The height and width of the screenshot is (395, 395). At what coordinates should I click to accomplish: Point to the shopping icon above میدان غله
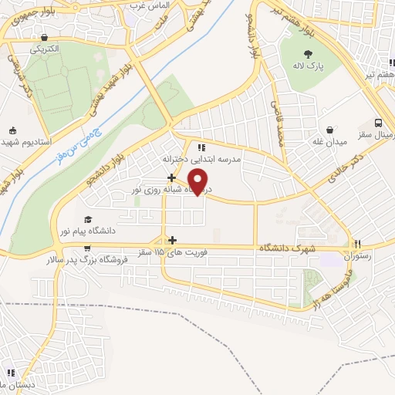click(x=330, y=129)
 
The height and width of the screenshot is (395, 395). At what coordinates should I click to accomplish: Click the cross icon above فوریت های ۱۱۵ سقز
click(x=172, y=240)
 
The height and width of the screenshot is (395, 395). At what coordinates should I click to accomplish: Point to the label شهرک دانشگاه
click(x=289, y=248)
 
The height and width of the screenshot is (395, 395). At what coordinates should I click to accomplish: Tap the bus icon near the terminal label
click(x=378, y=123)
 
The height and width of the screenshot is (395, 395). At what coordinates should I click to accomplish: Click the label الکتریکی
click(x=45, y=48)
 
